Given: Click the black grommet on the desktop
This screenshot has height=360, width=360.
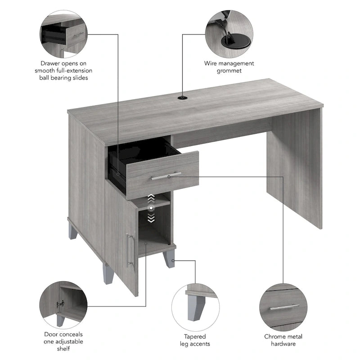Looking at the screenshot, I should tap(183, 97).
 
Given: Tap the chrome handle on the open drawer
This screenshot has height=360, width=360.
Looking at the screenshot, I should tap(166, 176).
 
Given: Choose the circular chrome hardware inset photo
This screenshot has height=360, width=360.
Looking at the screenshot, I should tap(283, 306).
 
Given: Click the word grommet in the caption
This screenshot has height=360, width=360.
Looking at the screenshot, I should tap(229, 71).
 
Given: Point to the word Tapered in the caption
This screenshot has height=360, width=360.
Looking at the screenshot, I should tap(195, 337).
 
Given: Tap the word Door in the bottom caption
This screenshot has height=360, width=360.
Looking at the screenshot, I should tap(51, 334).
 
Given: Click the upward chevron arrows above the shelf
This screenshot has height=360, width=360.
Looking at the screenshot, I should tap(152, 198).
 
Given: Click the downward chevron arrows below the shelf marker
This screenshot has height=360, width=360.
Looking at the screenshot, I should tap(152, 218).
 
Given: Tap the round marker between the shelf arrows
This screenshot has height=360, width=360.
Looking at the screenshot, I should tap(152, 208).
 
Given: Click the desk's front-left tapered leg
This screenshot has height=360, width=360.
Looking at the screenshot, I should tap(108, 274).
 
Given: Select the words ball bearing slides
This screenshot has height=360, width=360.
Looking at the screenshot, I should tap(63, 78).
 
